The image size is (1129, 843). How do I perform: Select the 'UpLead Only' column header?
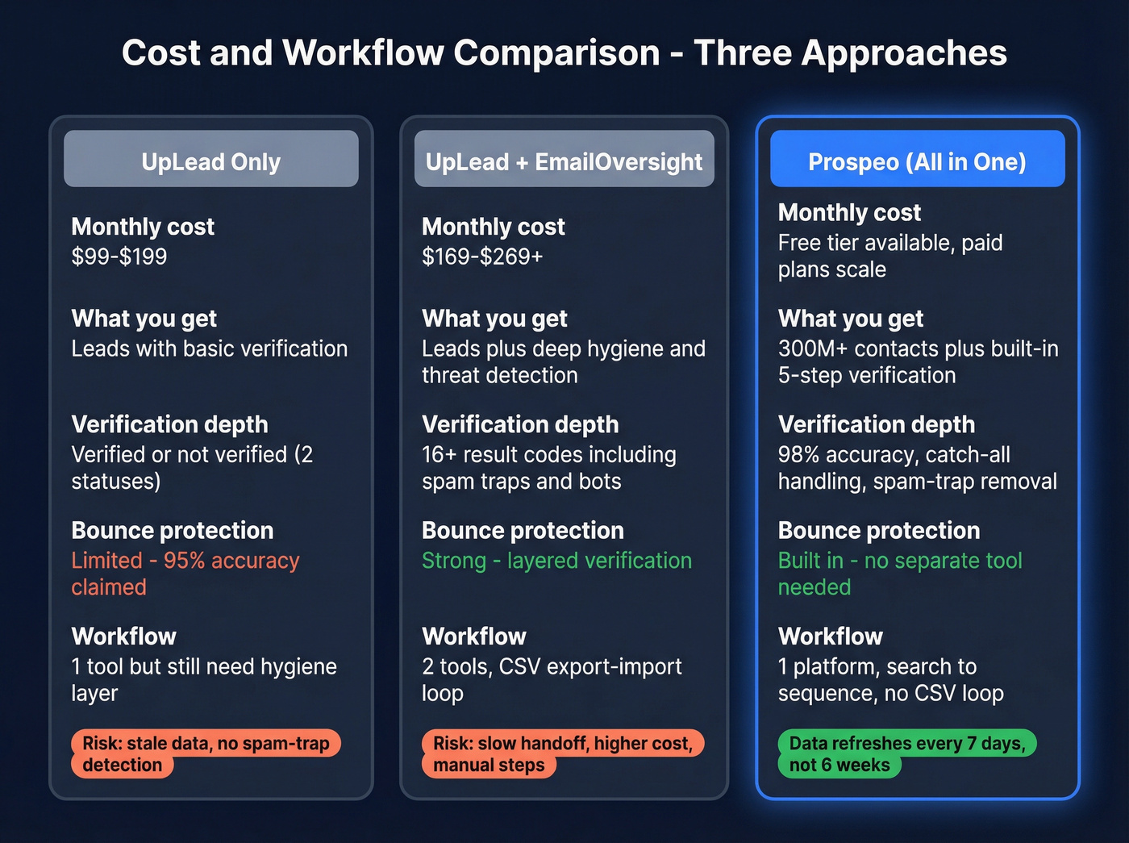211,161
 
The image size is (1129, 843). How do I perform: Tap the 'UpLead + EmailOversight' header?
564,161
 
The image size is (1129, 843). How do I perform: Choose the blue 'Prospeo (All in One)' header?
917,161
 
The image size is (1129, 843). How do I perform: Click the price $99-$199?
119,257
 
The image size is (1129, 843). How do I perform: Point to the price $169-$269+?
482,257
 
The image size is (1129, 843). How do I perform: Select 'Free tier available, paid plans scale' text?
889,256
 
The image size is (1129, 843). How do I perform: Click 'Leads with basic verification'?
210,348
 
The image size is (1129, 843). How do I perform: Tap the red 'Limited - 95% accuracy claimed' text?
185,573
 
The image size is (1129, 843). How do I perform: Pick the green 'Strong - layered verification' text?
556,561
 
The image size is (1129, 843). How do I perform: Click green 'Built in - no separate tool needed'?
899,573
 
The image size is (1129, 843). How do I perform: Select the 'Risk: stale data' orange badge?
206,753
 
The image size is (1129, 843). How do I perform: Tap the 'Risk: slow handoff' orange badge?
562,753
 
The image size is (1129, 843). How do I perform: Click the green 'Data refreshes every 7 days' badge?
906,753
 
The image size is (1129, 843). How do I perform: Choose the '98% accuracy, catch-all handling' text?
917,467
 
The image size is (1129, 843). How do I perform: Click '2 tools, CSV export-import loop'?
552,678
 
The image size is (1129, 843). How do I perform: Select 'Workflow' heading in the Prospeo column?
831,636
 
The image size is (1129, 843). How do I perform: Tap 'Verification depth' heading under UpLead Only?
169,424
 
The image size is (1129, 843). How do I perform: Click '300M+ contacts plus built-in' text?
918,348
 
